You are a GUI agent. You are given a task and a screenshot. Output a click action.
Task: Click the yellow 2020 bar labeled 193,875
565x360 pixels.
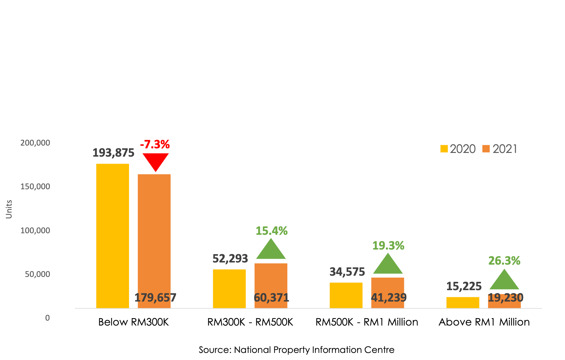click(x=113, y=236)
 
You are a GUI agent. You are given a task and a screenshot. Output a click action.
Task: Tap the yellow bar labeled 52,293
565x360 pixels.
click(x=229, y=289)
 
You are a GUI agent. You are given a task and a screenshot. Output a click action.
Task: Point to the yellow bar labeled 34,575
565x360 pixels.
click(x=346, y=295)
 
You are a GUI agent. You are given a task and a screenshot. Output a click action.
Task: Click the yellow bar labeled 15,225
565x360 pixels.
click(x=463, y=302)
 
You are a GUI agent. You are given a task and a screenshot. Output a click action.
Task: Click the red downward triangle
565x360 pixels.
click(x=155, y=160)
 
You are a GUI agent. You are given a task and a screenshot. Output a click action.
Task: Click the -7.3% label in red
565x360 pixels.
click(x=155, y=144)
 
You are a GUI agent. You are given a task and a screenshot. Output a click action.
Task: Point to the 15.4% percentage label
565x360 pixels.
click(x=272, y=231)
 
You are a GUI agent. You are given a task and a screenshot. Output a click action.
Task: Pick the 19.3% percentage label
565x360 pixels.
click(x=388, y=246)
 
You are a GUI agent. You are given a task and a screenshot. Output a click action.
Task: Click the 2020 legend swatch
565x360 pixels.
click(x=444, y=149)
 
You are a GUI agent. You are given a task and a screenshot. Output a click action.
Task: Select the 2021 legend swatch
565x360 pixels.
click(x=486, y=149)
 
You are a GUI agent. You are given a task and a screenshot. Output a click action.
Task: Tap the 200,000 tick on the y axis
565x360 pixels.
click(x=35, y=143)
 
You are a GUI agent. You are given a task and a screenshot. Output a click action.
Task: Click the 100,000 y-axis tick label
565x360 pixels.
click(x=35, y=230)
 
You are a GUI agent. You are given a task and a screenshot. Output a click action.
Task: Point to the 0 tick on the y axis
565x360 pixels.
click(x=47, y=318)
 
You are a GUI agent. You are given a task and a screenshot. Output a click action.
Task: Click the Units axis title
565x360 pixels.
click(x=9, y=209)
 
